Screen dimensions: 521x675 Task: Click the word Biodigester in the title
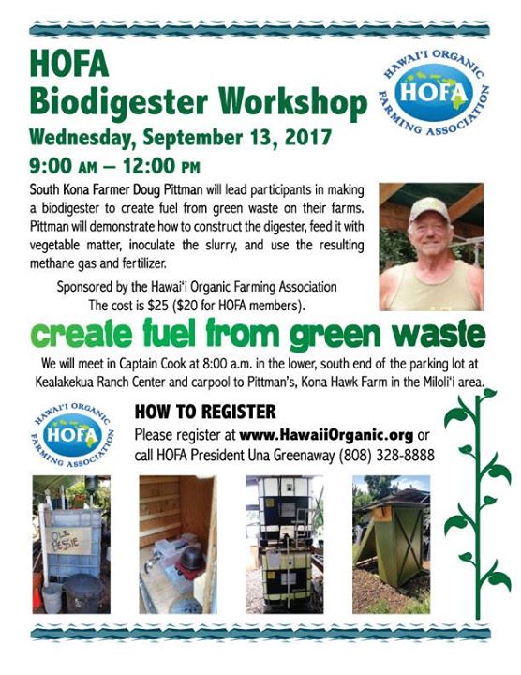coord(119,103)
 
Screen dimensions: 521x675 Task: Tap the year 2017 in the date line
coord(307,138)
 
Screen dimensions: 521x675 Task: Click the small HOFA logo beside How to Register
coord(72,435)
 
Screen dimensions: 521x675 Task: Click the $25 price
coord(157,306)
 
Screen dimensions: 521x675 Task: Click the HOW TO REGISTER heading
coord(205,412)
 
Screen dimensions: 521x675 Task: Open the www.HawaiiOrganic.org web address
coord(326,435)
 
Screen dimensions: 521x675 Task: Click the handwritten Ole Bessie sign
coord(68,541)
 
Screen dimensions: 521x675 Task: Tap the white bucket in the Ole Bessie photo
coord(52,596)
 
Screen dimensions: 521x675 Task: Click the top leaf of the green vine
coord(488,393)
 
